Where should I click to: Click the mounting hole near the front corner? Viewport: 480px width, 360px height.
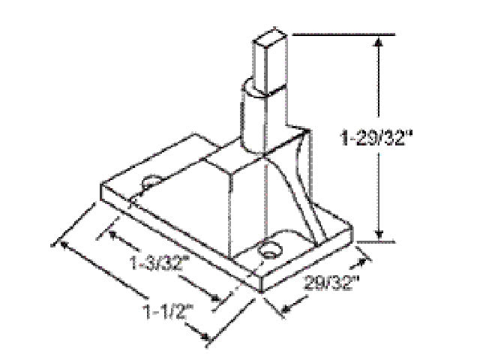267,250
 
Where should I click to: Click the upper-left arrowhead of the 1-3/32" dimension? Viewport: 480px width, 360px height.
113,235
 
